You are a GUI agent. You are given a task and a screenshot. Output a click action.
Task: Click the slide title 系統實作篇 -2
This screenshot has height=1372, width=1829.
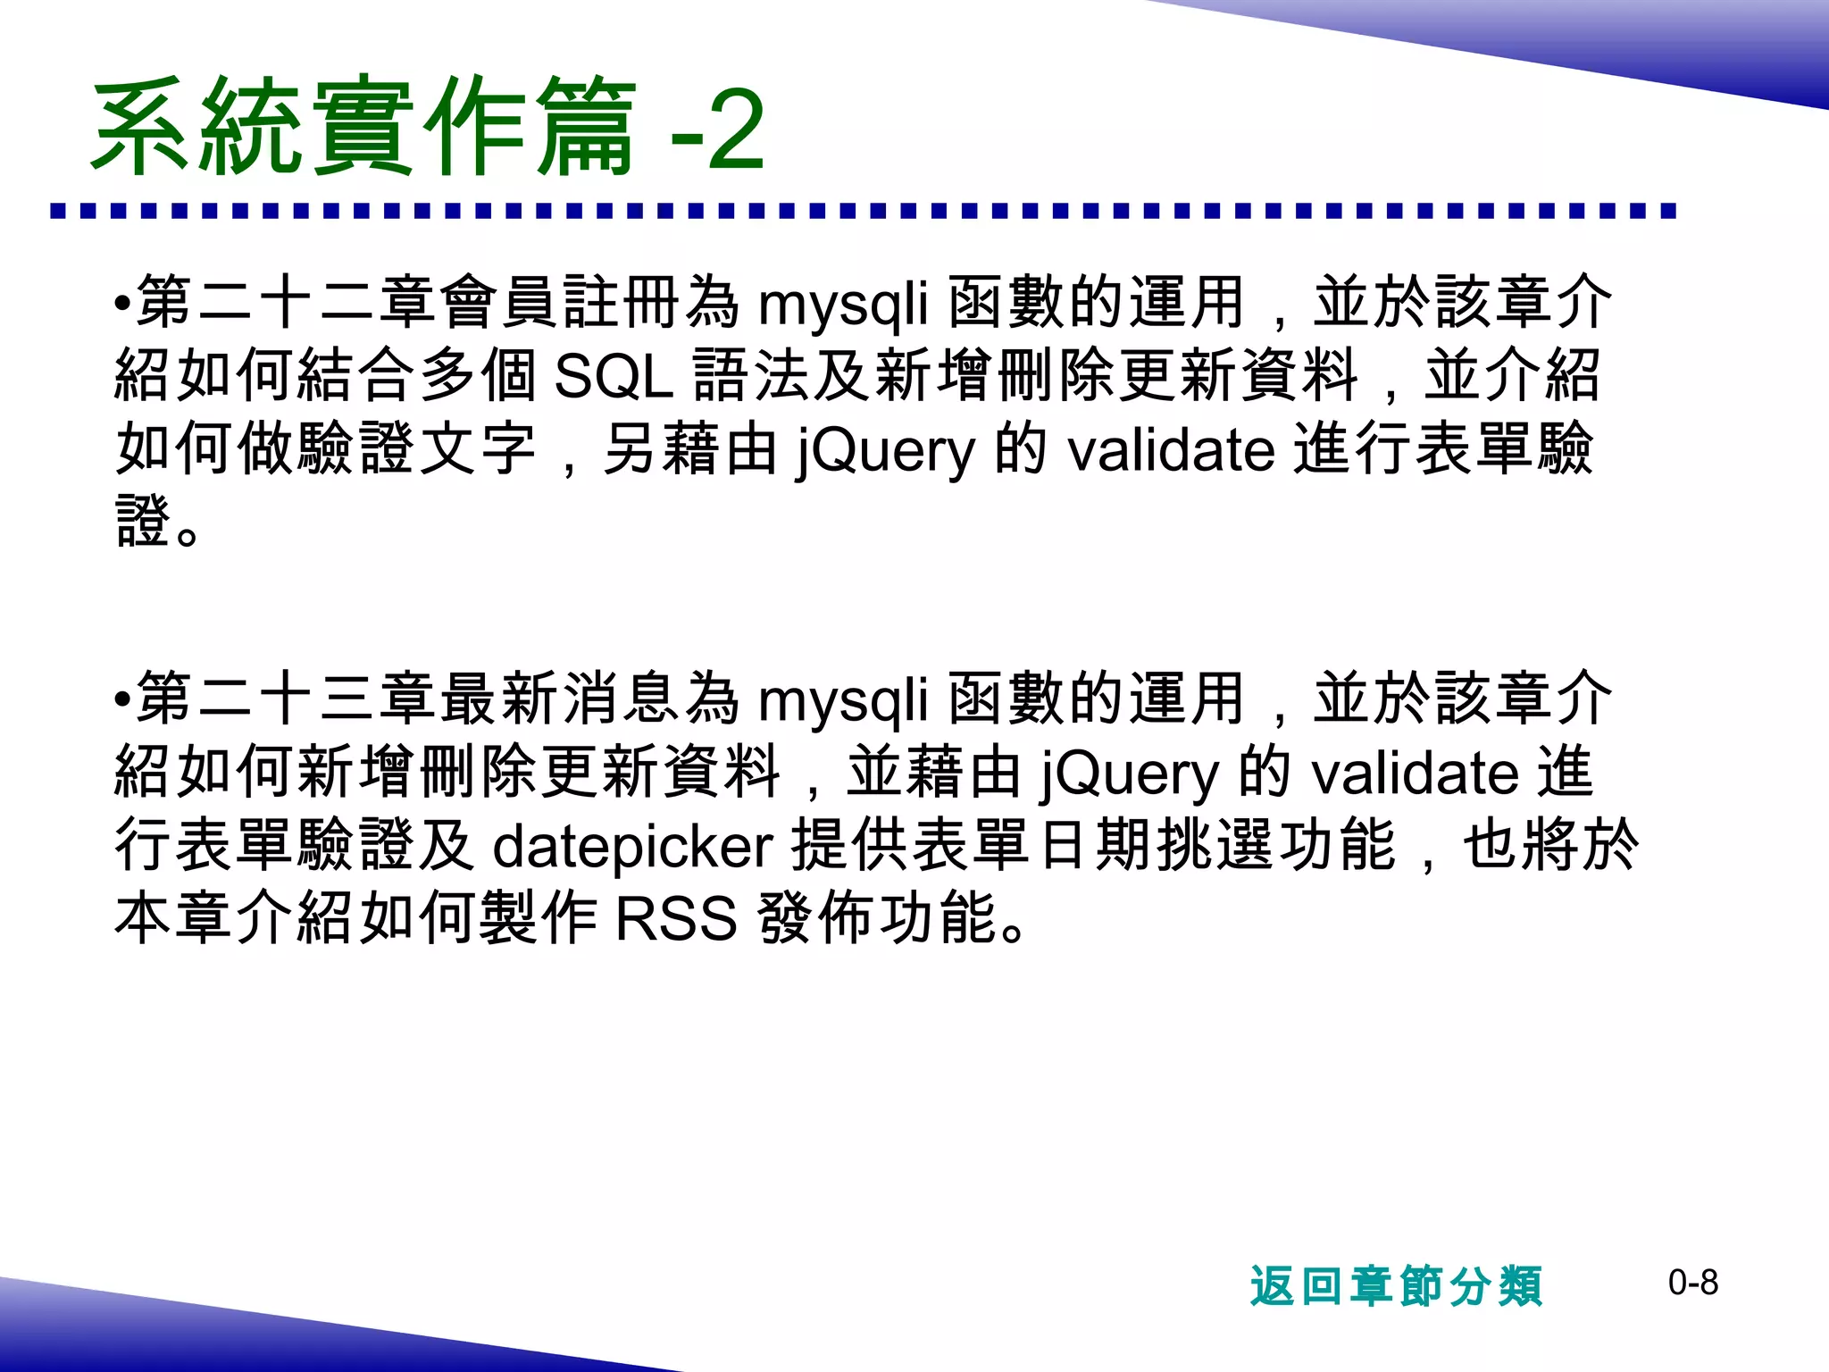pos(427,127)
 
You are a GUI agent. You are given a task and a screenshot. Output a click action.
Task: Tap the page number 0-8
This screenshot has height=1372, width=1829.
pos(1692,1284)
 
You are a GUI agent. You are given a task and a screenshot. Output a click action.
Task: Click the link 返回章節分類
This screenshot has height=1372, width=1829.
pos(1395,1286)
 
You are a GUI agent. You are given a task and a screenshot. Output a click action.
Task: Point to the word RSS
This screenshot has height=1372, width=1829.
pos(676,919)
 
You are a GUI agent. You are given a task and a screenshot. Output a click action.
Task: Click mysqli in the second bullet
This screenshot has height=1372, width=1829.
pos(843,699)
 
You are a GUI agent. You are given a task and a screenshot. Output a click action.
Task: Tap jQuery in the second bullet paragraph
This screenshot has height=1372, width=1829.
pos(1129,774)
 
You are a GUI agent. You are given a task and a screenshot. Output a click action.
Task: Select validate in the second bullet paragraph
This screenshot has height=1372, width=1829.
pos(1415,774)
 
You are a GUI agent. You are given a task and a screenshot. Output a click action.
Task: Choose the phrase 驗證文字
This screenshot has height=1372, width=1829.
pos(418,449)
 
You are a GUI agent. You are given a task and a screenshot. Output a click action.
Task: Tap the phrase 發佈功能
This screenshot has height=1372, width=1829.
pos(877,919)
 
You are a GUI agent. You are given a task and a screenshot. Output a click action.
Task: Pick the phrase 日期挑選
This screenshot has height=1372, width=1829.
pos(1156,846)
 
